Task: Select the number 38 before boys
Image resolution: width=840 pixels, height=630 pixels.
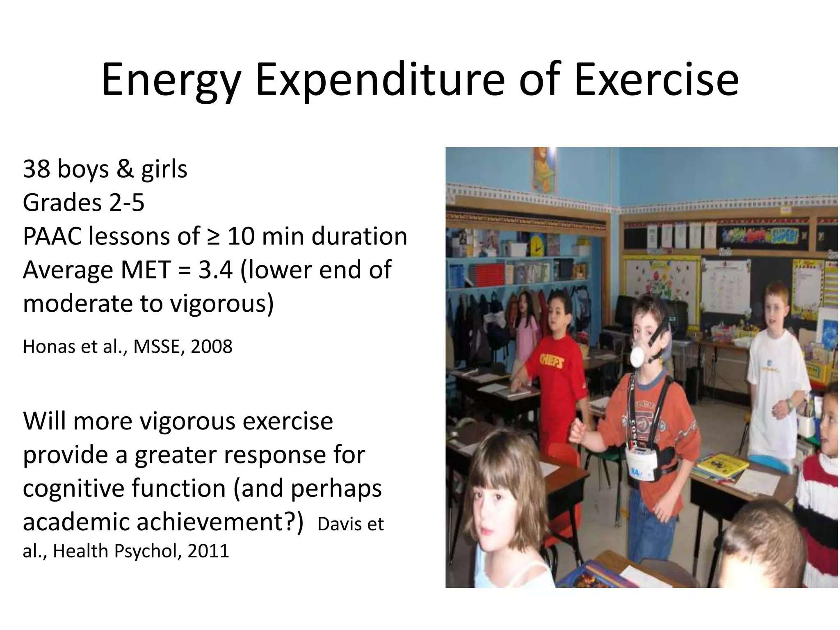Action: [x=36, y=169]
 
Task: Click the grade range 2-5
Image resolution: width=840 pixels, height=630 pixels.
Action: [x=127, y=203]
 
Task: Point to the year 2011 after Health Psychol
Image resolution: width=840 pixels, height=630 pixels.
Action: [x=208, y=551]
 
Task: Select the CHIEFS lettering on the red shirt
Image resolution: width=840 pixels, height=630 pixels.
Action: [x=551, y=361]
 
